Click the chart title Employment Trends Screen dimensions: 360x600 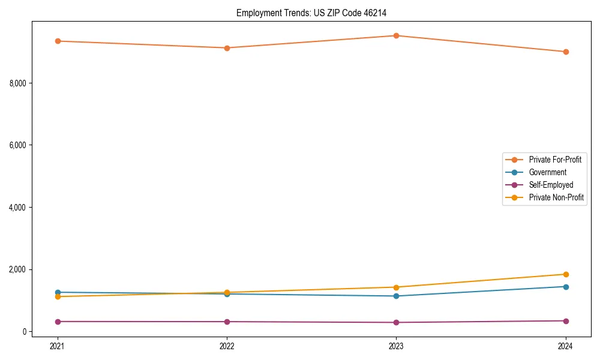pyautogui.click(x=316, y=13)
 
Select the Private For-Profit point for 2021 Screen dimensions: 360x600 pyautogui.click(x=58, y=41)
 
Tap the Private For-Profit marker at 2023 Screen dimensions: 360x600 pyautogui.click(x=396, y=35)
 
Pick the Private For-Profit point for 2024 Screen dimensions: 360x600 pyautogui.click(x=566, y=52)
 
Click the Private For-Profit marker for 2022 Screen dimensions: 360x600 pyautogui.click(x=227, y=48)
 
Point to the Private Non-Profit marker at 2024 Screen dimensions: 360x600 pyautogui.click(x=566, y=274)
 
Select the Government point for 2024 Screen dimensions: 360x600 pyautogui.click(x=566, y=286)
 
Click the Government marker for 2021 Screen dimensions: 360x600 pyautogui.click(x=58, y=292)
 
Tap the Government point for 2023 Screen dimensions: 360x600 pyautogui.click(x=396, y=296)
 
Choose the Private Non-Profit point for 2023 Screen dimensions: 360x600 pyautogui.click(x=396, y=287)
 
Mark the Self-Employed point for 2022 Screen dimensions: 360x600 pyautogui.click(x=227, y=322)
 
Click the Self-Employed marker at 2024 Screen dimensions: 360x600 pyautogui.click(x=566, y=320)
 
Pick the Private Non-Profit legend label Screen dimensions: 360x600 pyautogui.click(x=556, y=197)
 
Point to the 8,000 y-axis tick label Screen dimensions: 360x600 pyautogui.click(x=17, y=83)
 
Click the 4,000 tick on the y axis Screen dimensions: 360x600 pyautogui.click(x=17, y=207)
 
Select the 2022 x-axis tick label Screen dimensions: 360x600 pyautogui.click(x=227, y=346)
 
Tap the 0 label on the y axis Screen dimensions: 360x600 pyautogui.click(x=25, y=331)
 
